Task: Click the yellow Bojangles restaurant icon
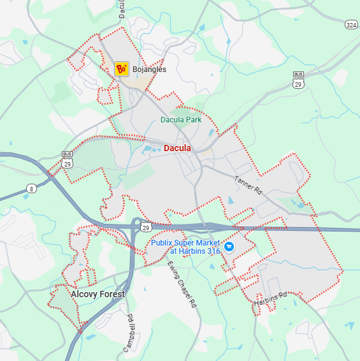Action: click(121, 68)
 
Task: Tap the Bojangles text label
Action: click(149, 69)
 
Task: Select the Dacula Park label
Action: click(181, 119)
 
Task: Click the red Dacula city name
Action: click(177, 148)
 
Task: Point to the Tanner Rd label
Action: click(248, 184)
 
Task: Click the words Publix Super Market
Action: click(185, 243)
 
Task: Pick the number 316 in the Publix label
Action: click(213, 251)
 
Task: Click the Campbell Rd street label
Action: click(130, 330)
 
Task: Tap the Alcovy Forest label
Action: click(98, 294)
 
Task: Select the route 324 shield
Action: click(351, 24)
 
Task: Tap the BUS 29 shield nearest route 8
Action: click(67, 160)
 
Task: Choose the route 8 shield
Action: click(32, 189)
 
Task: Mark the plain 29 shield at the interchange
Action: click(145, 228)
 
